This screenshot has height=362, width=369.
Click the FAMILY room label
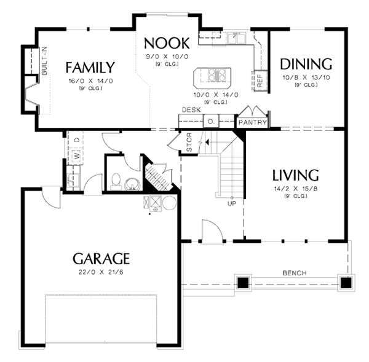click(90, 67)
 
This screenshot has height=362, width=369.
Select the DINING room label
click(306, 64)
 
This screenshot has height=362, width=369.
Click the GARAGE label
click(101, 257)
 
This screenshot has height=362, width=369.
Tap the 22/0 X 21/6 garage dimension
click(101, 272)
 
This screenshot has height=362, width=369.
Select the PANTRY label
click(253, 122)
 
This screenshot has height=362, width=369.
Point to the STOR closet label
click(189, 143)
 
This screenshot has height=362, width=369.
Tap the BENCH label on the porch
click(295, 273)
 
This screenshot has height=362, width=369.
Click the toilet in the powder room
click(116, 181)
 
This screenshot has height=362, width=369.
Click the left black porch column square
click(243, 283)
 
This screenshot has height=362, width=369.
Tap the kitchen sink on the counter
click(235, 39)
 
